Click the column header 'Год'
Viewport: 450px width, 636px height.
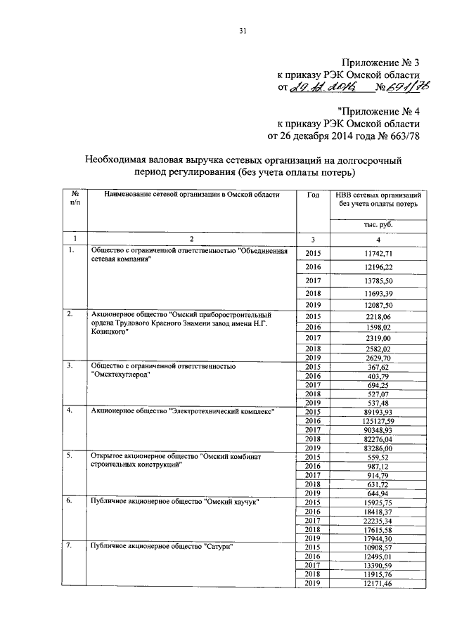click(313, 194)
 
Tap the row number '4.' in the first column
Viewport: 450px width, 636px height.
click(70, 410)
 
